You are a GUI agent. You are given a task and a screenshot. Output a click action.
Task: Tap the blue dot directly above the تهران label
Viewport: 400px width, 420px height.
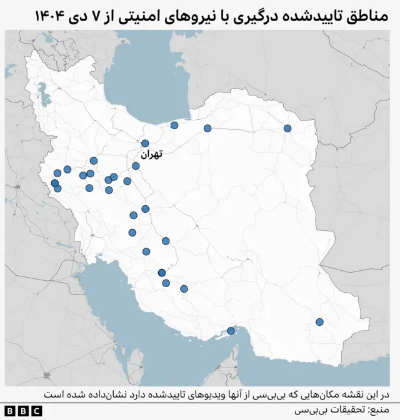pyautogui.click(x=145, y=143)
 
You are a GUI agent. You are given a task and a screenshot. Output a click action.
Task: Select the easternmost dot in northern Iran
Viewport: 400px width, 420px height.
pyautogui.click(x=287, y=129)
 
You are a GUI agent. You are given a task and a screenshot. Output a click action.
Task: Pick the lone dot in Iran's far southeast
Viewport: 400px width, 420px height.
pyautogui.click(x=319, y=322)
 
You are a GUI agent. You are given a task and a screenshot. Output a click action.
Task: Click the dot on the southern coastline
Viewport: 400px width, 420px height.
pyautogui.click(x=231, y=331)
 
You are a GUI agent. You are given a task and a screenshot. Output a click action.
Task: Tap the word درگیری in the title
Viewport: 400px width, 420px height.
pyautogui.click(x=256, y=14)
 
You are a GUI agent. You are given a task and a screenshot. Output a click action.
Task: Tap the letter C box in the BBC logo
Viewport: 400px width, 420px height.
pyautogui.click(x=37, y=411)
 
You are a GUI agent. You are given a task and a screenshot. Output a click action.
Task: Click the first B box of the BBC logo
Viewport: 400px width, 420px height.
pyautogui.click(x=10, y=411)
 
